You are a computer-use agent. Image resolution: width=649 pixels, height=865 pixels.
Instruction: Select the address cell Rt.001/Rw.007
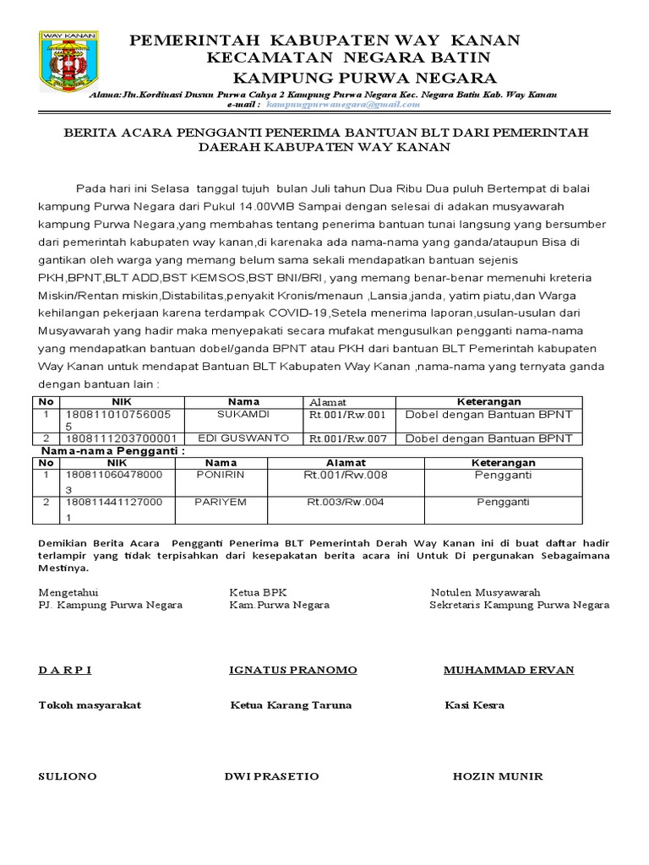346,438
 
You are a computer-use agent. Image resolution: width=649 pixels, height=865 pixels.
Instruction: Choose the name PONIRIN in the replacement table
221,476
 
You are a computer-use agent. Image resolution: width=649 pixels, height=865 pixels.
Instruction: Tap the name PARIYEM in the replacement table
221,502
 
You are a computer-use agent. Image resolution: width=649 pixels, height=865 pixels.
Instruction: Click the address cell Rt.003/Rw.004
346,502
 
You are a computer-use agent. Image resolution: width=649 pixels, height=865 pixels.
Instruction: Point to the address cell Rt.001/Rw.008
346,476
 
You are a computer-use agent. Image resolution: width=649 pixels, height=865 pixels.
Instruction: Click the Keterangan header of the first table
489,402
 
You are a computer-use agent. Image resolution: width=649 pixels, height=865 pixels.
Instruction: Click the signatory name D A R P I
64,670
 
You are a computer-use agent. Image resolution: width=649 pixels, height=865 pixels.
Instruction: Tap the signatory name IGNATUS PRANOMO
293,670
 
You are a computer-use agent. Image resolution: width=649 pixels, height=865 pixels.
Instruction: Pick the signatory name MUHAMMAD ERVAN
509,670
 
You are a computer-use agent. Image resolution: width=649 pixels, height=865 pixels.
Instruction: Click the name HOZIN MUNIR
498,776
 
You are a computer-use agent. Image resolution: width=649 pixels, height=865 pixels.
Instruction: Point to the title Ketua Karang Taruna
291,705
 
